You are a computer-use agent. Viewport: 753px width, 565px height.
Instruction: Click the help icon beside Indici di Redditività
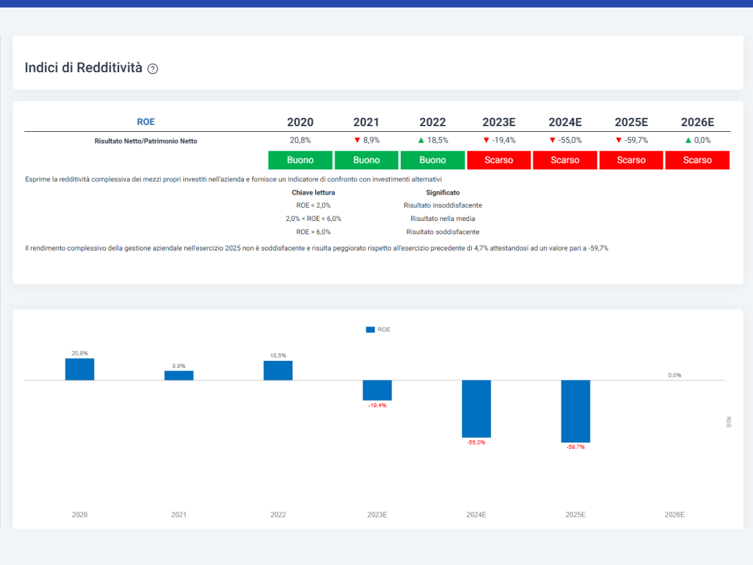coord(152,68)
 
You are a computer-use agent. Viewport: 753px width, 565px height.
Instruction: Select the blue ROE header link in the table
coord(146,122)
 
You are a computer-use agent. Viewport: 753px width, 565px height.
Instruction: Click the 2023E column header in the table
coord(499,122)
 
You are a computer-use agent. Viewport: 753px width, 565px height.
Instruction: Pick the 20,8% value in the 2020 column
coord(300,140)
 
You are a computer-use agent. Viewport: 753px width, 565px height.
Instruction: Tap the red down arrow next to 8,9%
coord(357,140)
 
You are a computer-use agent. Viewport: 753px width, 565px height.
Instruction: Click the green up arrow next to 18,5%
coord(421,140)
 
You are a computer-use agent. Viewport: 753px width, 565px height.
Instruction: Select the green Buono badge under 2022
coord(432,160)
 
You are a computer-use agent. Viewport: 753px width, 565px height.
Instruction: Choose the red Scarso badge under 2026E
coord(697,160)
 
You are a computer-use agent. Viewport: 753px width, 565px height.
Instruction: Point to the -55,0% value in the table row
coord(570,140)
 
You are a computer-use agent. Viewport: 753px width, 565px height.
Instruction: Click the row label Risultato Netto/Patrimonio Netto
coord(146,141)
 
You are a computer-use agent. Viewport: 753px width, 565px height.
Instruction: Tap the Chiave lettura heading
coord(313,193)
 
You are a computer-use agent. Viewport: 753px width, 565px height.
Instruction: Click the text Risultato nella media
coord(443,218)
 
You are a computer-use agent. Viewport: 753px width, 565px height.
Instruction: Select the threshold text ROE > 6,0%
coord(313,232)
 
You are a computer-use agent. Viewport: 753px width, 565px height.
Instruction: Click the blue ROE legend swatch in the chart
coord(370,330)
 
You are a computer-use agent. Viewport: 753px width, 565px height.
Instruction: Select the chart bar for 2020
coord(80,369)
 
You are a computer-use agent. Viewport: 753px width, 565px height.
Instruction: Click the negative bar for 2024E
coord(476,409)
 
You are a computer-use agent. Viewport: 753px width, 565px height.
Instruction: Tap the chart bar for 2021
coord(179,375)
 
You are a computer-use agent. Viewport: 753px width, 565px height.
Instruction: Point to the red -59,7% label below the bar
coord(575,447)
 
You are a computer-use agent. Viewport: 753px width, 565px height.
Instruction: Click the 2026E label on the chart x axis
coord(675,515)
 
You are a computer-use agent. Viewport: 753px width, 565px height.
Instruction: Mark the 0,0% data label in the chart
coord(675,375)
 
